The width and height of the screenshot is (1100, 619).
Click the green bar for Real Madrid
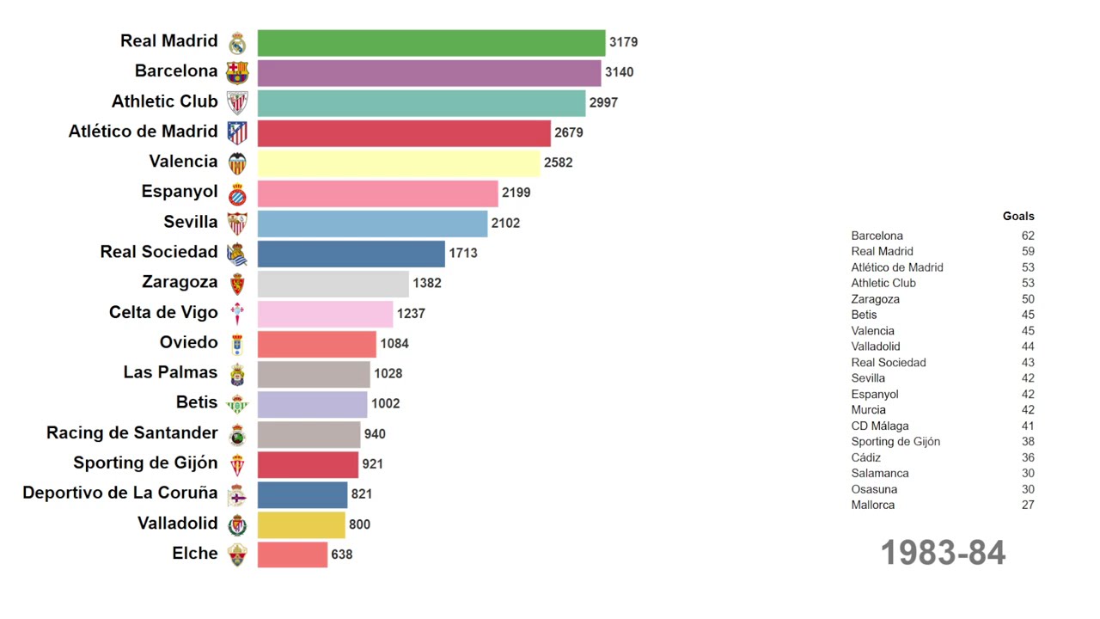(x=431, y=42)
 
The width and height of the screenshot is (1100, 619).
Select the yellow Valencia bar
(x=399, y=162)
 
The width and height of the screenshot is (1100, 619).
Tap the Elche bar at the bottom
(x=292, y=555)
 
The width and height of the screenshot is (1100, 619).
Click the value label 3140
(x=619, y=72)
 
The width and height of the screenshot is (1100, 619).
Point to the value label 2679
(x=569, y=132)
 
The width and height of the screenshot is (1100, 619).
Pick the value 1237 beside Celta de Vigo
(x=411, y=314)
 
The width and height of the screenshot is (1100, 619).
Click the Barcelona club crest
(x=237, y=72)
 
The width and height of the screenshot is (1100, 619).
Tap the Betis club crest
(x=237, y=404)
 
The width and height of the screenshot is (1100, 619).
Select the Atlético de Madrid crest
(x=237, y=132)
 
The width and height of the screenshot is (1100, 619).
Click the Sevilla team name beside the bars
(x=191, y=222)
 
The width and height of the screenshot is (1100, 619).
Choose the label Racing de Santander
(x=132, y=432)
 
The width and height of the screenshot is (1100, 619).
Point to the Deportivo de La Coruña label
(x=120, y=493)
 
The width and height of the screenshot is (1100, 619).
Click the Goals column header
(x=1018, y=217)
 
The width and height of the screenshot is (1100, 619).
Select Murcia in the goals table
(x=869, y=410)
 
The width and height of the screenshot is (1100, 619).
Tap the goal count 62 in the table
(x=1028, y=236)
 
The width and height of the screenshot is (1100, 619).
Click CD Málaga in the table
(x=880, y=426)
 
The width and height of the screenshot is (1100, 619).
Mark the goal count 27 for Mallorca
(x=1028, y=505)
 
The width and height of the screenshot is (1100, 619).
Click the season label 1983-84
(x=943, y=553)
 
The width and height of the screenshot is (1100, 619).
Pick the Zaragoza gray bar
(x=333, y=283)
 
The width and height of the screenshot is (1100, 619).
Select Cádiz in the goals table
(x=866, y=457)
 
